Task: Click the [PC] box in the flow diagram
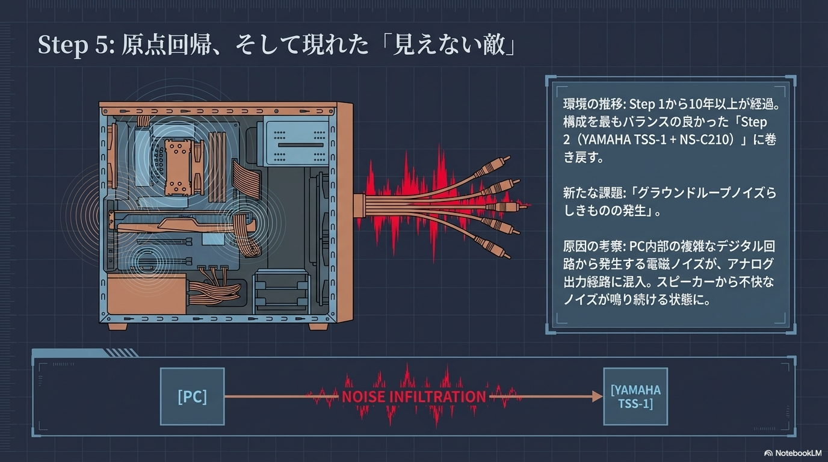(192, 396)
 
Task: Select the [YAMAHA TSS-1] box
(635, 396)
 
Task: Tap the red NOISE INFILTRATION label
(414, 396)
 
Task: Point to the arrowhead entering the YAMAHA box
(598, 396)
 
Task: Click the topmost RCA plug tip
(507, 159)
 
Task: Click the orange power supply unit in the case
(147, 294)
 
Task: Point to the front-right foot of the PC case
(318, 327)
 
